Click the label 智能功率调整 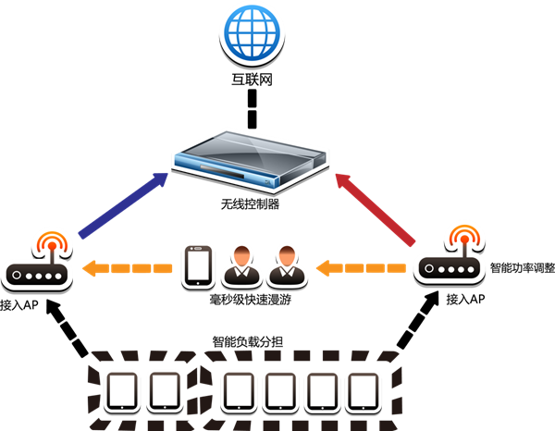coord(522,268)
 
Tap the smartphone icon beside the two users coord(197,266)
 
